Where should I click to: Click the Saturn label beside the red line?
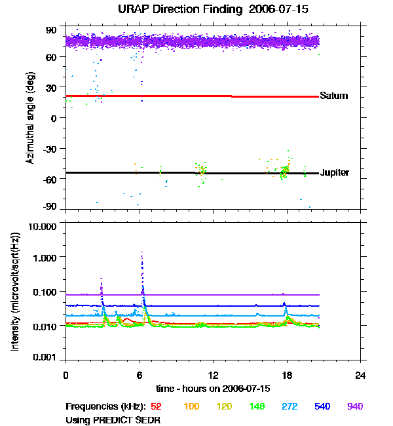[333, 96]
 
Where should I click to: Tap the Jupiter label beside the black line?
[334, 173]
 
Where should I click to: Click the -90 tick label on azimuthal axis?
[50, 207]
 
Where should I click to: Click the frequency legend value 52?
[157, 407]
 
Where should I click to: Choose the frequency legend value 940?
[354, 407]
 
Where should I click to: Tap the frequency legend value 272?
[286, 407]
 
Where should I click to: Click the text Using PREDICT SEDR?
[113, 419]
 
